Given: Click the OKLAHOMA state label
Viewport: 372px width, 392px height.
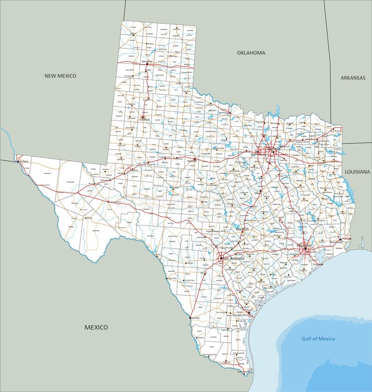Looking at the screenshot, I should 251,53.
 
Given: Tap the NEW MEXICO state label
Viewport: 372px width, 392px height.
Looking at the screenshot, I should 60,75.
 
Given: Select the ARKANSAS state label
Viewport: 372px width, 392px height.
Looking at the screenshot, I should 353,78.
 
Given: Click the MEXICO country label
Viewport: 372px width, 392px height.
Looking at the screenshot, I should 96,327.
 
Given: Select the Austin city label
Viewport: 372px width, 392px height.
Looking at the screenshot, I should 242,229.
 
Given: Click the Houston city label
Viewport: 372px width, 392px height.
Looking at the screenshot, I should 305,245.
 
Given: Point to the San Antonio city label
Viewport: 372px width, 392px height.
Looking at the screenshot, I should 233,258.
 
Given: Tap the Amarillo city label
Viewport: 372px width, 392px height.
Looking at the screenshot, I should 147,61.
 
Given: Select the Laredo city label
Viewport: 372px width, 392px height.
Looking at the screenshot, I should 196,318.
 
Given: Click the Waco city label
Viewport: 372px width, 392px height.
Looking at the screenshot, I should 258,192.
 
